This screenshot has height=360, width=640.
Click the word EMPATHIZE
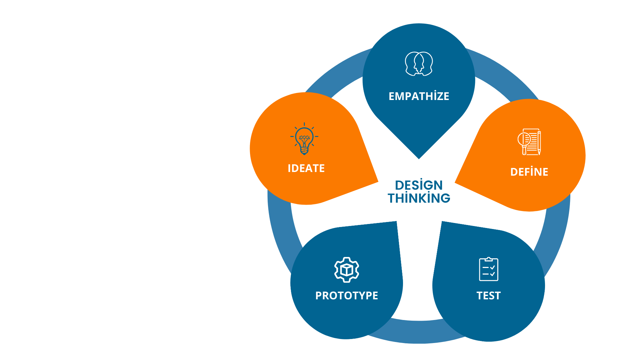pos(419,96)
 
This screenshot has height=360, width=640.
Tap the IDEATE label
pos(306,168)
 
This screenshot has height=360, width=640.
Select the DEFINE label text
pos(529,172)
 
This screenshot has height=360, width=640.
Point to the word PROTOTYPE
pos(347,296)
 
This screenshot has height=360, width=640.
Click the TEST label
pos(488,296)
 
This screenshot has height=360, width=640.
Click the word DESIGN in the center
pos(419,185)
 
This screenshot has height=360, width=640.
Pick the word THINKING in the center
pos(419,198)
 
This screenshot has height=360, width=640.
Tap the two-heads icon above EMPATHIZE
pos(419,64)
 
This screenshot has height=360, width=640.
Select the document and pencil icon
pos(529,142)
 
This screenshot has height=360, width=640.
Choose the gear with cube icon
pos(347,270)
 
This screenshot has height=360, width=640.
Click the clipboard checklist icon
pos(488,269)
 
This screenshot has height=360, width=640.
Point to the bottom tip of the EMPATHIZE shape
pos(419,158)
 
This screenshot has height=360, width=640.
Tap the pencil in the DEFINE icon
pos(539,143)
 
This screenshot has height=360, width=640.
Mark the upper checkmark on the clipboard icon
pos(493,267)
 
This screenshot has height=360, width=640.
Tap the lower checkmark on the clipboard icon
pos(493,274)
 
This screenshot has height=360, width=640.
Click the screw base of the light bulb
pos(304,151)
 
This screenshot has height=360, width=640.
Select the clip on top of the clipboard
pos(488,259)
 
